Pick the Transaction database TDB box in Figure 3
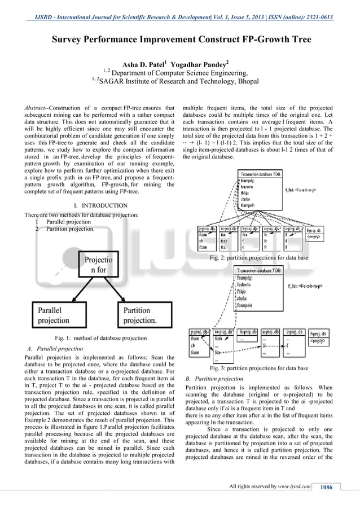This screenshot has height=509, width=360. (259, 270)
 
